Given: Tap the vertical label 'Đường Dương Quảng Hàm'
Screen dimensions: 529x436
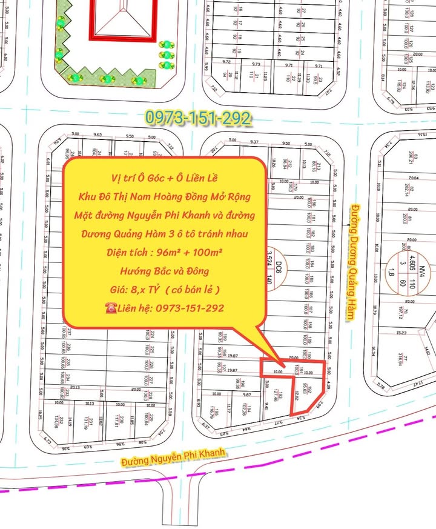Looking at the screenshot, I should [350, 263].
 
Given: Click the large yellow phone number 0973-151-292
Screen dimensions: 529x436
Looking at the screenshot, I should [197, 118].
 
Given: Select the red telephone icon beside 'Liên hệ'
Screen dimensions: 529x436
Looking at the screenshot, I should [111, 308].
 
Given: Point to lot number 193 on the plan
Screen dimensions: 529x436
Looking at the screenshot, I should [280, 396].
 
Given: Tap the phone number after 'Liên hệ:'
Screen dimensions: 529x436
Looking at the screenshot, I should [189, 308].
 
